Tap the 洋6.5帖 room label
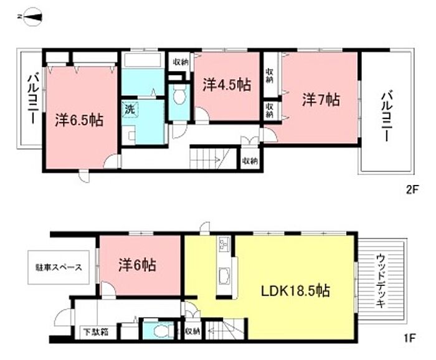click(80, 120)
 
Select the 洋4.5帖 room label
click(227, 85)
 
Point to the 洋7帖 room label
click(321, 100)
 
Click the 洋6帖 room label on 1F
click(138, 265)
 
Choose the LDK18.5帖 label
click(296, 291)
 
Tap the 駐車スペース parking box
click(59, 268)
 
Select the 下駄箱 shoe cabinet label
click(96, 332)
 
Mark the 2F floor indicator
click(412, 189)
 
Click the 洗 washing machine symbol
click(130, 110)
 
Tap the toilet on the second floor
click(179, 95)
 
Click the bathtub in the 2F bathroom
click(143, 60)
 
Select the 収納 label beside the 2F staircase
click(250, 161)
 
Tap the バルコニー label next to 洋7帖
click(387, 117)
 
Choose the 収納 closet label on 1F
click(192, 331)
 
